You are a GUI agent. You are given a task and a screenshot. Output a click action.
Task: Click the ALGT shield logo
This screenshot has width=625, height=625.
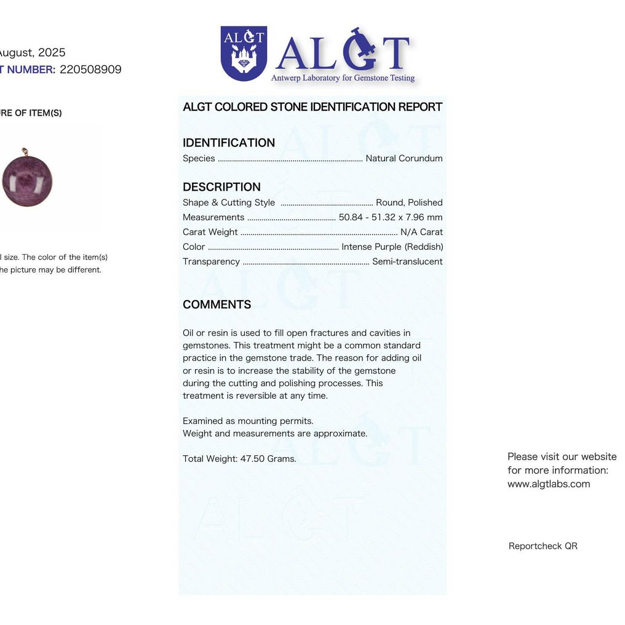(x=244, y=53)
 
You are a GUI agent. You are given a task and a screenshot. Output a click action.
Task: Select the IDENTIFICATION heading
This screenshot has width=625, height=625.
(x=229, y=143)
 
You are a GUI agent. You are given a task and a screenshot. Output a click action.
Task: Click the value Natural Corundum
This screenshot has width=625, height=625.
(x=404, y=158)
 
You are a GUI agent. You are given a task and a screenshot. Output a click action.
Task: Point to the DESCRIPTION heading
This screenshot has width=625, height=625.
(x=221, y=187)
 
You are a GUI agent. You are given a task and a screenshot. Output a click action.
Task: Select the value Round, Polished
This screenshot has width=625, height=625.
(x=409, y=202)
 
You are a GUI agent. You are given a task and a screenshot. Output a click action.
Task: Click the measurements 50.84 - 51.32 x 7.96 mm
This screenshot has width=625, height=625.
(x=391, y=217)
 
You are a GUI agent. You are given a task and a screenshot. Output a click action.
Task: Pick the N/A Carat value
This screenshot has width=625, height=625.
(x=421, y=232)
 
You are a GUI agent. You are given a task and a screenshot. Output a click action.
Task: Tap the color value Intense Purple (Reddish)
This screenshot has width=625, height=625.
(x=392, y=247)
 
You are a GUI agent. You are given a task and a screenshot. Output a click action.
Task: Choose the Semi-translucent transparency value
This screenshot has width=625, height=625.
(x=407, y=261)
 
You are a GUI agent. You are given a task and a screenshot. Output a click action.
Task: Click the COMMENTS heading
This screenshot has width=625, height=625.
(x=217, y=305)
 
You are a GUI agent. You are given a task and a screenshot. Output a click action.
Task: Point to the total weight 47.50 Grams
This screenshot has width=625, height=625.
(x=239, y=458)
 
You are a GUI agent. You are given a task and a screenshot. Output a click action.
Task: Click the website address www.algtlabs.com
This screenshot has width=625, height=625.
(x=549, y=484)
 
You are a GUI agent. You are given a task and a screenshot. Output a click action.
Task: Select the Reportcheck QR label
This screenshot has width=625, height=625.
(x=543, y=546)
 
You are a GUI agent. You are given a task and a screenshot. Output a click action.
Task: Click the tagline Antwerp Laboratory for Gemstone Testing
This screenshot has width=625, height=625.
(x=343, y=78)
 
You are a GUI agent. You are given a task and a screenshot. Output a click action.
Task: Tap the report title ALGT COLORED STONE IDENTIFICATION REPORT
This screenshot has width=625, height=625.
(x=312, y=107)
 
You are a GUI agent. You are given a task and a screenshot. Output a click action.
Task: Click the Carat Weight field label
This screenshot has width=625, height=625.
(x=210, y=232)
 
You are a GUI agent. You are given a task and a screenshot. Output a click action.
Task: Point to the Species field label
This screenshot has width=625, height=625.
(x=199, y=158)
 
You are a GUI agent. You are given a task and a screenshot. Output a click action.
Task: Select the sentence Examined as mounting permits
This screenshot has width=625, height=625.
(x=248, y=421)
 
